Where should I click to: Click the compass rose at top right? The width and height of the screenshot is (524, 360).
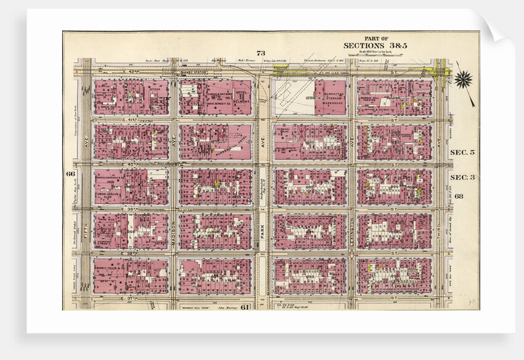[463, 78]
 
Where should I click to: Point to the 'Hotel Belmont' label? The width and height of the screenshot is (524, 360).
[242, 93]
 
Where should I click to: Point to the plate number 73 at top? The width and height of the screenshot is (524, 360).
[261, 54]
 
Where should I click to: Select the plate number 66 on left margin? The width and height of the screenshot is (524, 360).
[69, 173]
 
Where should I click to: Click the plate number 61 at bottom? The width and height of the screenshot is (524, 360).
[227, 307]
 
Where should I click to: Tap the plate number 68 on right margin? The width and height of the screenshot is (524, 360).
[459, 196]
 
